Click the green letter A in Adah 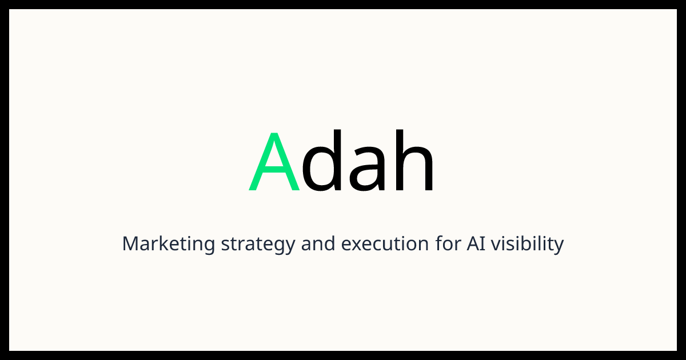click(274, 161)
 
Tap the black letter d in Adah click(321, 160)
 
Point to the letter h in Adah click(414, 160)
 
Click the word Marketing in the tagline click(169, 244)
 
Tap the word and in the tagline click(318, 243)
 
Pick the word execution click(385, 244)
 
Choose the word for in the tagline click(448, 243)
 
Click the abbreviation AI click(476, 243)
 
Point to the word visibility click(527, 245)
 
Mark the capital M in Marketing click(131, 243)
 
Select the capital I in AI click(483, 243)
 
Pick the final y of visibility click(558, 247)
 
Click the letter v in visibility click(497, 245)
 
